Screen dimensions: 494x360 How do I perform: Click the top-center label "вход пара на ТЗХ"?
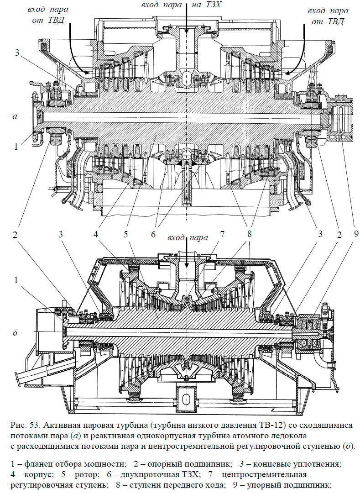(x=186, y=5)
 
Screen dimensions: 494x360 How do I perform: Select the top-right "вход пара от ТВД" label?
(x=325, y=16)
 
